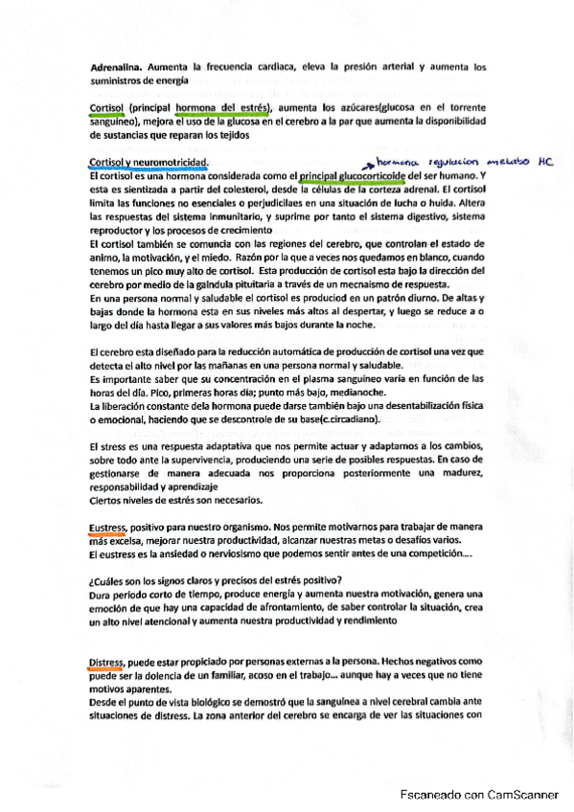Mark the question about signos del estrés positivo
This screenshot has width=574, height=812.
click(x=216, y=583)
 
